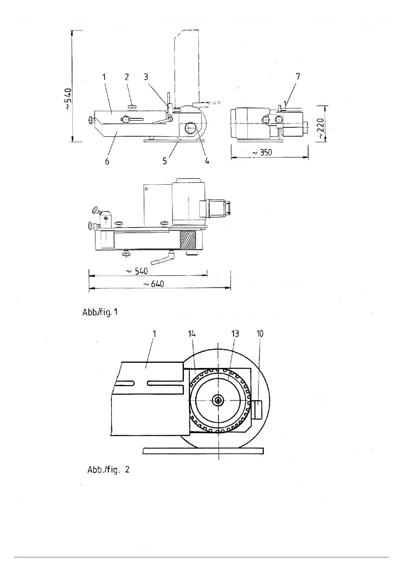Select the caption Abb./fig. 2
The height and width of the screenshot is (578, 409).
[108, 470]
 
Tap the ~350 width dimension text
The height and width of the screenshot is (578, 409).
[262, 152]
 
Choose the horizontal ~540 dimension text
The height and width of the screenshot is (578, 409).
[137, 271]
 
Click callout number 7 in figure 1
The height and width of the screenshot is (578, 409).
[298, 77]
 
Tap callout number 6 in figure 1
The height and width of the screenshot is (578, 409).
[107, 161]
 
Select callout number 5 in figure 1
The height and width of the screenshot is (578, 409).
[165, 161]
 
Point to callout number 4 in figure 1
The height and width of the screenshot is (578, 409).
[207, 161]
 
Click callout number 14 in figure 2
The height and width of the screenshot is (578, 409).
[192, 334]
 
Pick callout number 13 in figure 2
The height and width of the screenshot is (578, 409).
[235, 334]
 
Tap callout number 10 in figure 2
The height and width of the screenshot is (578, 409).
[260, 334]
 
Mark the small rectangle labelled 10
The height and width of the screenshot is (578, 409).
[258, 409]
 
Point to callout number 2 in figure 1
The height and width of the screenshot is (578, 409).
[127, 77]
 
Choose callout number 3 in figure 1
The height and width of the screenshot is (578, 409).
[146, 77]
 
